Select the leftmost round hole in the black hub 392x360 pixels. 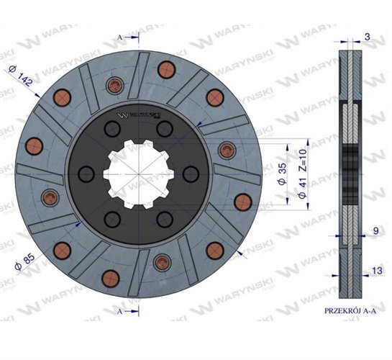(x=85, y=174)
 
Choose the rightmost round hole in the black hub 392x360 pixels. (x=191, y=174)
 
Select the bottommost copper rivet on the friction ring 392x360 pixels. (x=112, y=278)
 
